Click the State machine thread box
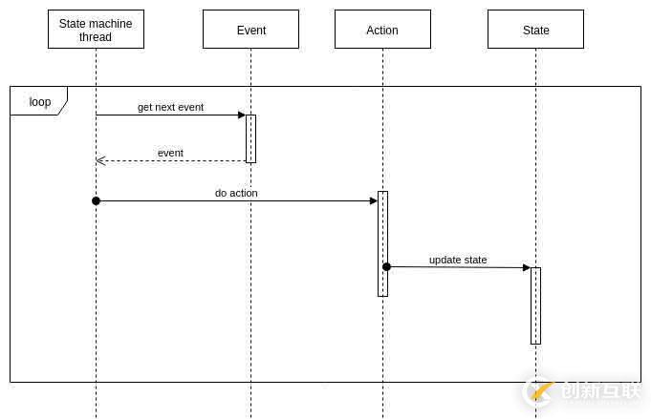pyautogui.click(x=96, y=30)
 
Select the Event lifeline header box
pyautogui.click(x=250, y=30)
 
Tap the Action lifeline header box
pyautogui.click(x=382, y=30)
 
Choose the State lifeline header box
pyautogui.click(x=535, y=30)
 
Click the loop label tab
pyautogui.click(x=38, y=101)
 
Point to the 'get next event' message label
pyautogui.click(x=170, y=107)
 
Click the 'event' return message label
pyautogui.click(x=170, y=153)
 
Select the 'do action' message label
pyautogui.click(x=236, y=193)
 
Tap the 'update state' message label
pyautogui.click(x=458, y=260)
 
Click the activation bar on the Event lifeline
pyautogui.click(x=250, y=138)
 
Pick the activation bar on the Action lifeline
pyautogui.click(x=382, y=243)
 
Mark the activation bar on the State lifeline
pyautogui.click(x=535, y=305)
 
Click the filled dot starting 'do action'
pyautogui.click(x=96, y=200)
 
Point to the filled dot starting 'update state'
pyautogui.click(x=386, y=266)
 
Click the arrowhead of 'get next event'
pyautogui.click(x=242, y=115)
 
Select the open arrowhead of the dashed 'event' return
pyautogui.click(x=100, y=160)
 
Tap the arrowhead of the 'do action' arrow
pyautogui.click(x=374, y=200)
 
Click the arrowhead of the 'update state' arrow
pyautogui.click(x=527, y=267)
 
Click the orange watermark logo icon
pyautogui.click(x=541, y=390)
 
